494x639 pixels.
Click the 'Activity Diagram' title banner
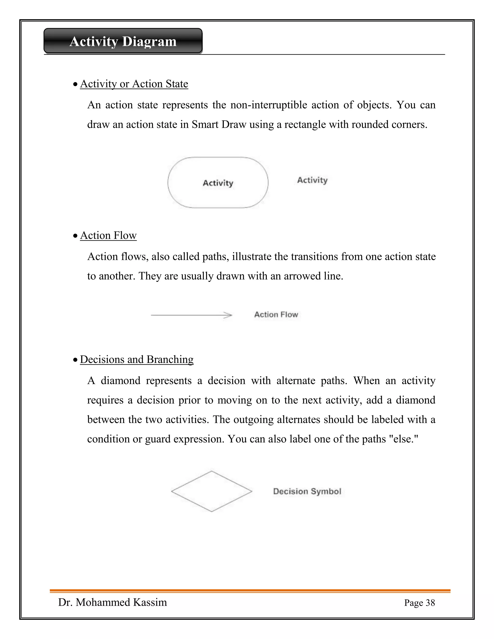click(x=123, y=41)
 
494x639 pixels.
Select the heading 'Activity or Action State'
click(x=134, y=84)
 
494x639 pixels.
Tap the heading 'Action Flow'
click(x=108, y=236)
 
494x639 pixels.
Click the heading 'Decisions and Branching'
click(x=137, y=360)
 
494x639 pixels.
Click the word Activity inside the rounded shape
click(x=218, y=183)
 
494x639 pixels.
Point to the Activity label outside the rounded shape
click(x=312, y=180)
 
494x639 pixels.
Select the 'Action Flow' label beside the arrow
click(x=276, y=314)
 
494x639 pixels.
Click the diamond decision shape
click(x=212, y=491)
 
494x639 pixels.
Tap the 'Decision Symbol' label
click(x=307, y=491)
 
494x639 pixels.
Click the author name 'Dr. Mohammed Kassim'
click(x=113, y=602)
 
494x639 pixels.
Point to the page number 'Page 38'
click(x=419, y=603)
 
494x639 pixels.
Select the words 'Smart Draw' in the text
click(x=219, y=125)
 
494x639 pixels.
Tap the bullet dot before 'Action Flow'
click(x=75, y=236)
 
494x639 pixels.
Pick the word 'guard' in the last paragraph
click(x=158, y=439)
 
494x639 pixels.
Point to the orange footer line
click(x=250, y=591)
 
